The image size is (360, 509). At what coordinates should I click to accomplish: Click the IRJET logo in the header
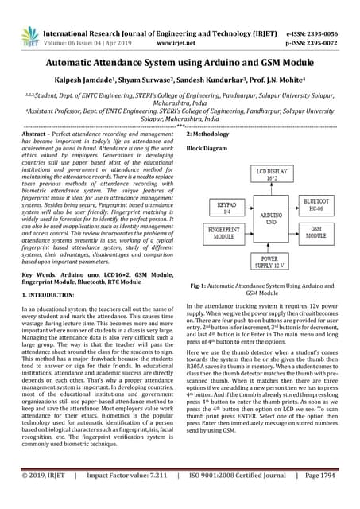pyautogui.click(x=30, y=35)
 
